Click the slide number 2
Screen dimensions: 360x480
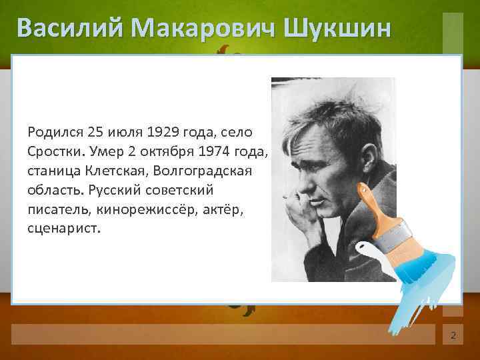pos(453,335)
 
